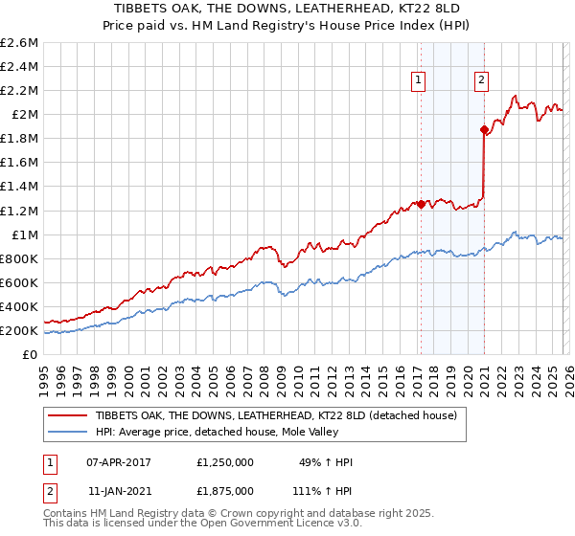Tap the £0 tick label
click(x=31, y=355)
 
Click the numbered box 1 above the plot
click(x=420, y=81)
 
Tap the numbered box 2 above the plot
click(x=481, y=81)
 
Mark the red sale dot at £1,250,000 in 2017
click(x=421, y=204)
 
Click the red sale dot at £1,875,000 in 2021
click(x=484, y=129)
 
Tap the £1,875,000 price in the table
click(x=224, y=489)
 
